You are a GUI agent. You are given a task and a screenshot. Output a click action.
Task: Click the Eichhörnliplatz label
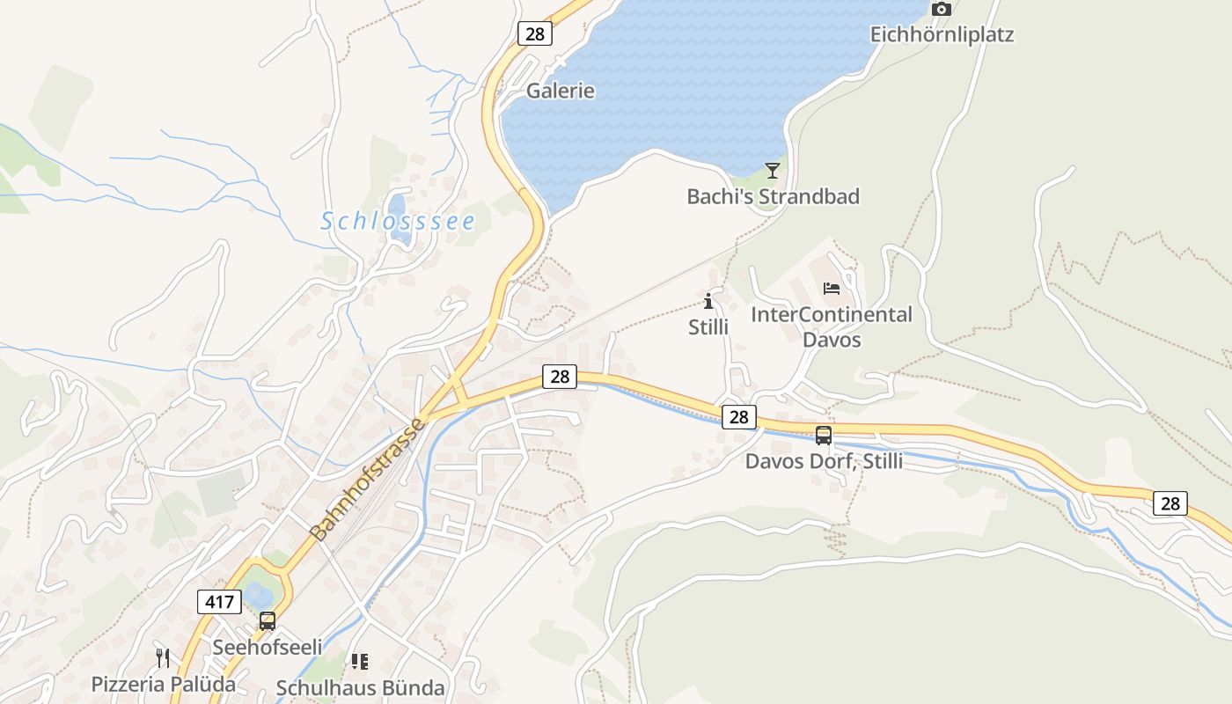click(942, 35)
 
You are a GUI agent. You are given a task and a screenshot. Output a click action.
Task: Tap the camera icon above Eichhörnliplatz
click(942, 10)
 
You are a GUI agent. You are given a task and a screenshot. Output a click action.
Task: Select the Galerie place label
click(561, 91)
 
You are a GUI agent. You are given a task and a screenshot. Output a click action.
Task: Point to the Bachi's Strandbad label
click(773, 196)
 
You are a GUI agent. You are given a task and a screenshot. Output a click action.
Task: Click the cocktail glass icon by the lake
click(773, 171)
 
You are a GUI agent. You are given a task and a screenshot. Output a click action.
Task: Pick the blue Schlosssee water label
click(398, 222)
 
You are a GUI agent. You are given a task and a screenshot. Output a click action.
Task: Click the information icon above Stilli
click(708, 302)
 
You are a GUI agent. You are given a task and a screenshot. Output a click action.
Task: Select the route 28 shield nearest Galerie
click(534, 33)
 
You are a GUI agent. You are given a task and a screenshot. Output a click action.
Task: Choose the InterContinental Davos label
click(832, 326)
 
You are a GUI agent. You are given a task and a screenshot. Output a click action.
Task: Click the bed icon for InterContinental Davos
click(832, 288)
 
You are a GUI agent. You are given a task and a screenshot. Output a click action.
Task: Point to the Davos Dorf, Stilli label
click(824, 461)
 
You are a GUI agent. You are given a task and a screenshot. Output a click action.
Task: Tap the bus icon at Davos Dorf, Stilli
click(824, 435)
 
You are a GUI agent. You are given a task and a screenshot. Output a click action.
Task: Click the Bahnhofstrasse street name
click(368, 480)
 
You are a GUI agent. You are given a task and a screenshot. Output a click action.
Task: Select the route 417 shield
click(218, 602)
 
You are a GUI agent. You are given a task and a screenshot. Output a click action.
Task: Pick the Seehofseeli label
click(268, 647)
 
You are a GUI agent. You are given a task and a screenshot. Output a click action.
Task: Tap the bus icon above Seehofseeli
click(268, 621)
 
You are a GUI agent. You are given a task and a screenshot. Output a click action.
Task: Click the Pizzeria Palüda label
click(164, 684)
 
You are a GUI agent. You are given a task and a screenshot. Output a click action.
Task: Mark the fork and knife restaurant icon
click(163, 658)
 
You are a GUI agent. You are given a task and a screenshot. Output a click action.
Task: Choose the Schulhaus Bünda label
click(361, 687)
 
